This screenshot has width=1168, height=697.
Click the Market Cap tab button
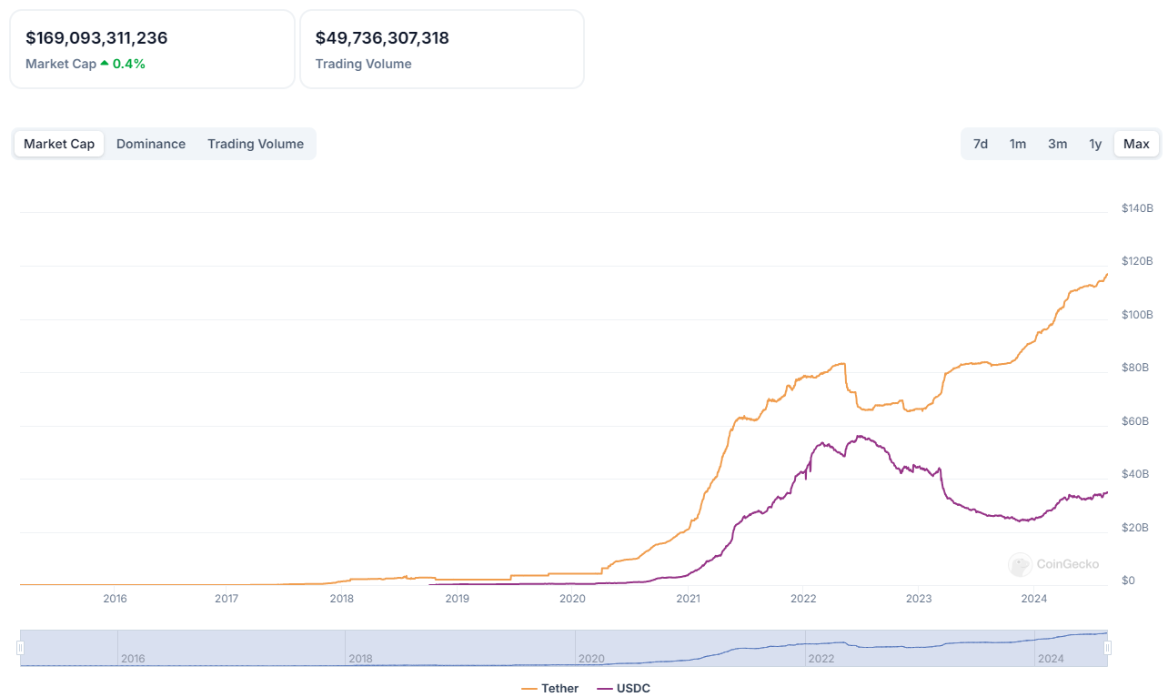point(59,144)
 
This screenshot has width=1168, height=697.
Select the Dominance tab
point(151,144)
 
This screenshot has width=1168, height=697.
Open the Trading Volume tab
point(256,144)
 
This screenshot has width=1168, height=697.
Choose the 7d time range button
point(981,144)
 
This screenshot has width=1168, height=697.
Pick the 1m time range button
point(1018,144)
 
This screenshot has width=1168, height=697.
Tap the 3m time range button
point(1057,144)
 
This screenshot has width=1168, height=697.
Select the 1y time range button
point(1095,144)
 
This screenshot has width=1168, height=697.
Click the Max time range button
point(1136,144)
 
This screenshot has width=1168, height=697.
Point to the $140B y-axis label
point(1137,208)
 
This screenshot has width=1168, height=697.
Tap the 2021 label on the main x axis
point(689,599)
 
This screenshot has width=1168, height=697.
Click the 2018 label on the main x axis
point(342,599)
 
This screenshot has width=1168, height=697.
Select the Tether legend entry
point(550,688)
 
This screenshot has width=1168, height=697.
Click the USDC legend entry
point(624,688)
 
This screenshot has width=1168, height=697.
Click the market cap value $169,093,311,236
point(96,38)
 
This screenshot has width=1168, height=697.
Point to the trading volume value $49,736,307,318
point(382,38)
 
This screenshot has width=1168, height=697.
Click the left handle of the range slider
point(20,648)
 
